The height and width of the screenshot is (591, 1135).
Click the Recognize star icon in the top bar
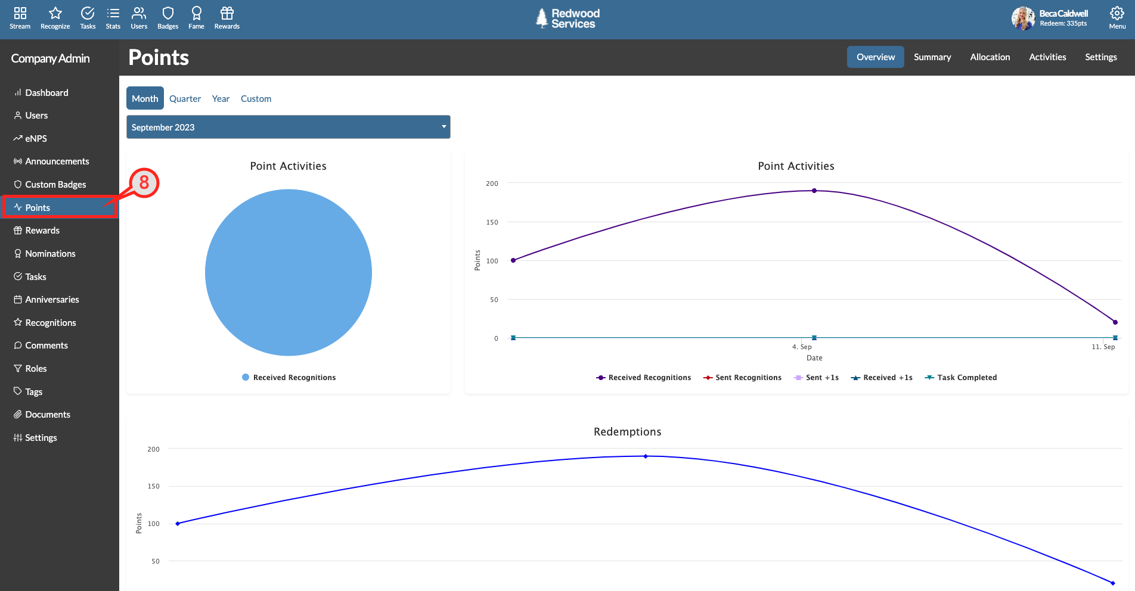point(55,13)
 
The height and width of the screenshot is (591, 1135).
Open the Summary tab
point(932,57)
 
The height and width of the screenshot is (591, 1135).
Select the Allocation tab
point(990,57)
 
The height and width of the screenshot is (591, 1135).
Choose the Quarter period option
point(185,99)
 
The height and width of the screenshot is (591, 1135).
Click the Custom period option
point(256,99)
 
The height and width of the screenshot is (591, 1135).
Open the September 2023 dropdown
point(289,127)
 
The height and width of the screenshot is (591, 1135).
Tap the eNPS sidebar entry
point(30,138)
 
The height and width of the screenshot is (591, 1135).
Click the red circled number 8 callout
point(144,183)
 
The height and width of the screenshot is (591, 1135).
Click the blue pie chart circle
point(289,272)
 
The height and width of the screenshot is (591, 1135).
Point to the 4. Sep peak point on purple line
point(814,191)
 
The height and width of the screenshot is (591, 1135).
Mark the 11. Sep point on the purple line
point(1115,322)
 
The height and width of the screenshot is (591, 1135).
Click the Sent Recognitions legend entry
point(742,378)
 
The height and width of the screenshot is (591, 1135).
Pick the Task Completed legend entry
point(960,378)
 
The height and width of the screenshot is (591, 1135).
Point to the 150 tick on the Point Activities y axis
point(492,222)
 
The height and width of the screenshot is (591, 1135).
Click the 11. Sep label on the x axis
point(1103,347)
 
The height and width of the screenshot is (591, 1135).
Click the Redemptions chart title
point(627,432)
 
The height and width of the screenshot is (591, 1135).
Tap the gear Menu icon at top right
point(1117,14)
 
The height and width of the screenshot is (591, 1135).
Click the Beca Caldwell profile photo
point(1023,18)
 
